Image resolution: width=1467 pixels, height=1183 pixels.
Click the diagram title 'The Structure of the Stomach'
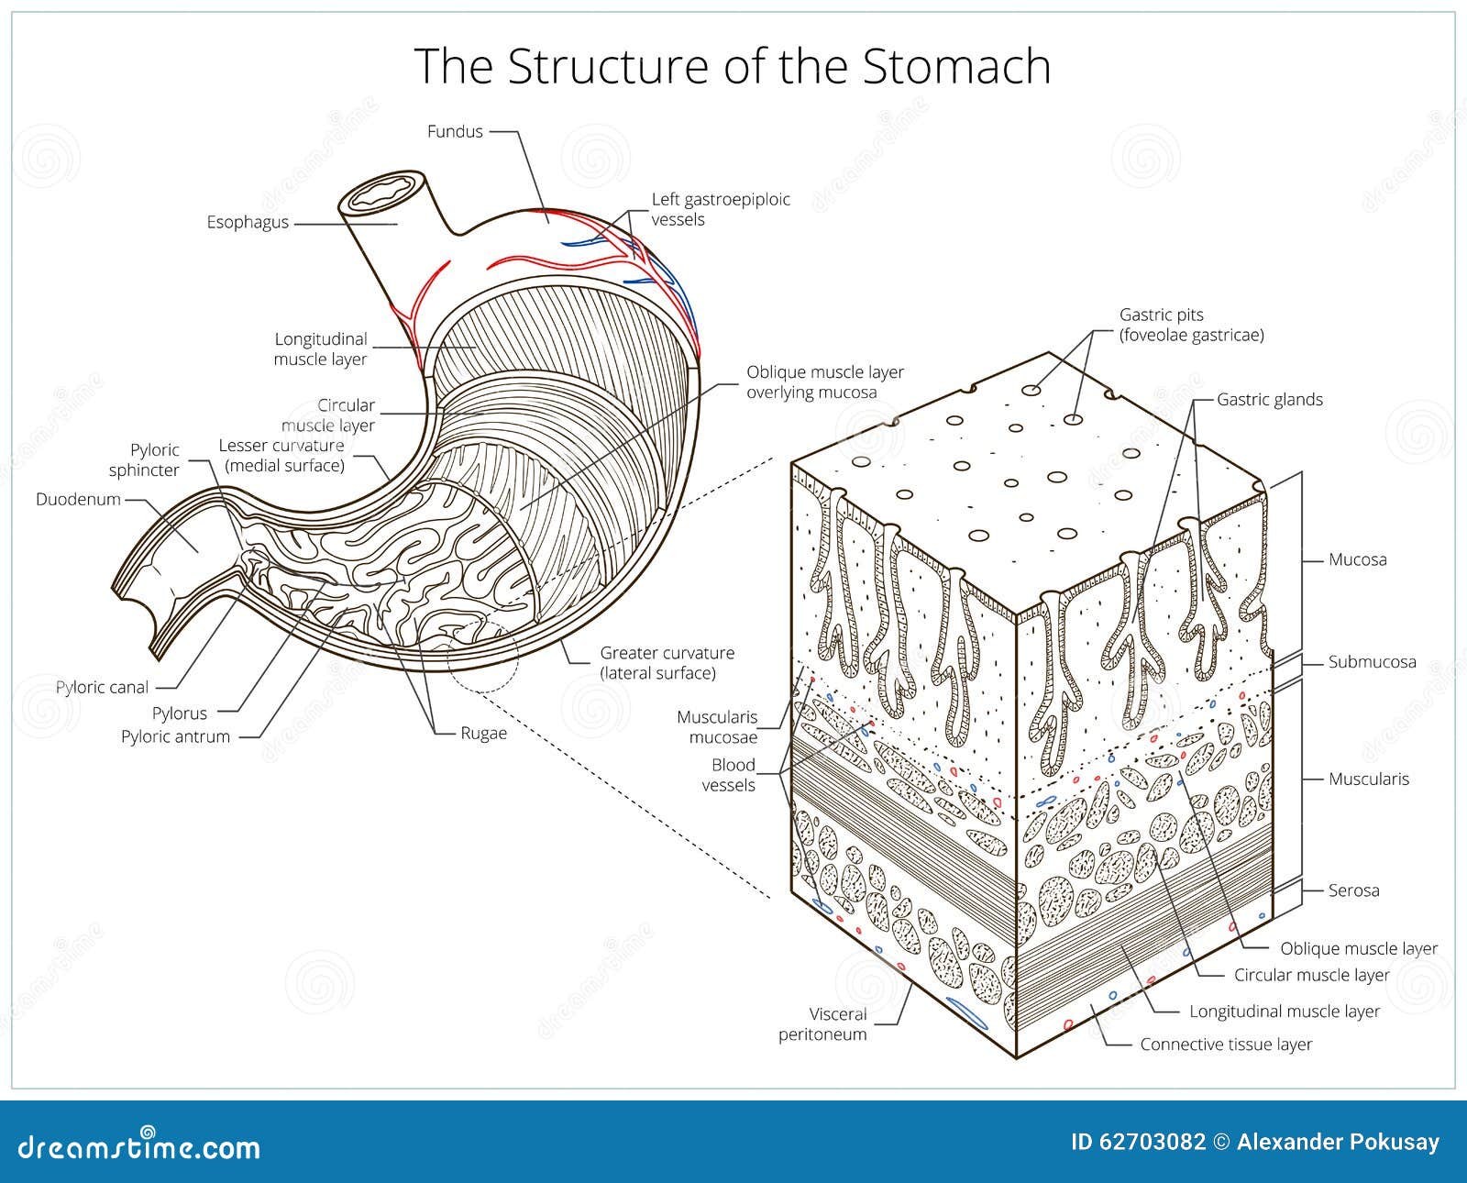[x=733, y=66]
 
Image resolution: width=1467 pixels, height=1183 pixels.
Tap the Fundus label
[x=455, y=131]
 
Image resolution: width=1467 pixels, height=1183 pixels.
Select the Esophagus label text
[x=247, y=222]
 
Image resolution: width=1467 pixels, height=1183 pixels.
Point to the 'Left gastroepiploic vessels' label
[x=720, y=209]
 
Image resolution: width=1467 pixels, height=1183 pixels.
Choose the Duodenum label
[x=78, y=500]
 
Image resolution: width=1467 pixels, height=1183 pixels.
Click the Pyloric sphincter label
[x=144, y=460]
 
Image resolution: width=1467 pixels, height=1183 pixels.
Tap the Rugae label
[x=483, y=734]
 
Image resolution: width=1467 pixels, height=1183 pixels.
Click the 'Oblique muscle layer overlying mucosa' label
[x=824, y=382]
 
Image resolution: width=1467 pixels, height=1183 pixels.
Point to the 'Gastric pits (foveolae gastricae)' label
[x=1191, y=326]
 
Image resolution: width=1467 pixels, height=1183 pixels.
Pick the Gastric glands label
[x=1270, y=400]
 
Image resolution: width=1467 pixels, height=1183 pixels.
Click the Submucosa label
[x=1372, y=662]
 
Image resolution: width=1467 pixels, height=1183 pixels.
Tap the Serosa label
[x=1353, y=890]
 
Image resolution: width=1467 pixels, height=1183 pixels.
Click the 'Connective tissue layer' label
[x=1226, y=1045]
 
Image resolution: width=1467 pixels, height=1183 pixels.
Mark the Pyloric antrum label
[x=175, y=736]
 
